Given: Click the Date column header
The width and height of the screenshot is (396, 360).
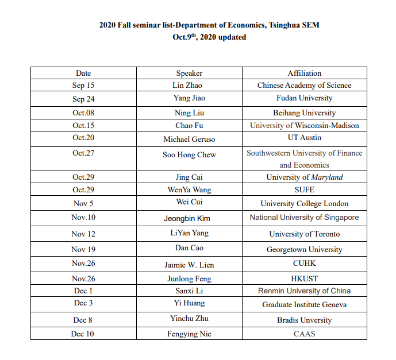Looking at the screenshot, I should pos(83,73).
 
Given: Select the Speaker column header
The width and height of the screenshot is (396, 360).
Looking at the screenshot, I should pos(189,73).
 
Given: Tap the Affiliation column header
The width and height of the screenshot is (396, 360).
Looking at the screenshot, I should pos(304,73).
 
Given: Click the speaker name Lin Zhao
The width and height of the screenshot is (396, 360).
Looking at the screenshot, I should pos(189,85).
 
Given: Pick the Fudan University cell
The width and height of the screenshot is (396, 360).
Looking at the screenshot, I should pos(304,98).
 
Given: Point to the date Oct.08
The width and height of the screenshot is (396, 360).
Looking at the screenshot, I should pos(83,113).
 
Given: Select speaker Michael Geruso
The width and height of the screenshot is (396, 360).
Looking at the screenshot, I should pos(189,139).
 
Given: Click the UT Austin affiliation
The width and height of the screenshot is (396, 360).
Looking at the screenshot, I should pos(304,138).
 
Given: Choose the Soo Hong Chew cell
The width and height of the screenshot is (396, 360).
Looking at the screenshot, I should pos(189,154).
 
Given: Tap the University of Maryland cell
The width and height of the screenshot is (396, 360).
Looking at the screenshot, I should pos(304,177).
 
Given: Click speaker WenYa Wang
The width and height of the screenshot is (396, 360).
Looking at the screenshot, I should pos(189,189).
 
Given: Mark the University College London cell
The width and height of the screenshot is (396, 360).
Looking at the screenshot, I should pos(304,203).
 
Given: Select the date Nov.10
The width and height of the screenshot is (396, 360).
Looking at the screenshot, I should pos(83,218).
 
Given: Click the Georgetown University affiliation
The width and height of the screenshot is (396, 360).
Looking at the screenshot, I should pos(304,249).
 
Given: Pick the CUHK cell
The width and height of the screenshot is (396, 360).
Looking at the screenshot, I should pos(304,264).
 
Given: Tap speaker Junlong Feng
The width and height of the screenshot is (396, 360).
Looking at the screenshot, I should pos(189,278).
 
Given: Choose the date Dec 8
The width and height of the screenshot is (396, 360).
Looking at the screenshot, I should pos(83,320).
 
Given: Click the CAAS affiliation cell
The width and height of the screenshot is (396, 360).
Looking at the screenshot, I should pos(304,333).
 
